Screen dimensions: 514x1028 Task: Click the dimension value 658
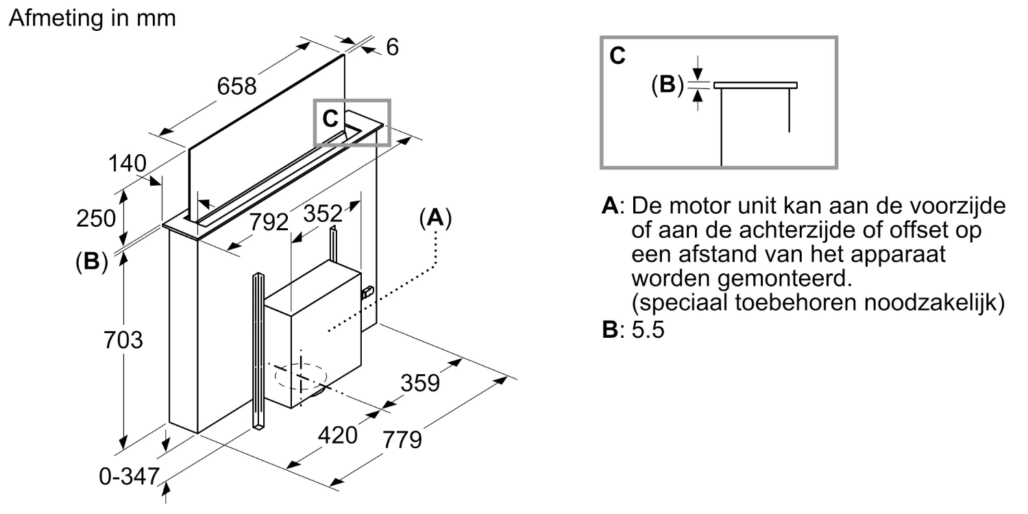click(x=236, y=86)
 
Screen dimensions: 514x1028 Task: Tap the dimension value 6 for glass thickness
click(x=392, y=47)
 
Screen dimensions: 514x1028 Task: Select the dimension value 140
click(x=127, y=164)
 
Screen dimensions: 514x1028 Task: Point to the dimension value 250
click(x=95, y=219)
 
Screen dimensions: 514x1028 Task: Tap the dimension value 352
click(x=323, y=214)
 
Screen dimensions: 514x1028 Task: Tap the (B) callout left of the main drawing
click(x=91, y=262)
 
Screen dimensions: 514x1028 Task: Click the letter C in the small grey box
click(x=330, y=119)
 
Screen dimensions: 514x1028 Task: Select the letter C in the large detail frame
click(x=617, y=56)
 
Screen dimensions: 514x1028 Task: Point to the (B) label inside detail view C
click(x=667, y=85)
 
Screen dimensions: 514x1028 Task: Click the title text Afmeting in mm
click(x=93, y=19)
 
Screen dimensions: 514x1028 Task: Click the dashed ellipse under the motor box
click(x=299, y=376)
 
